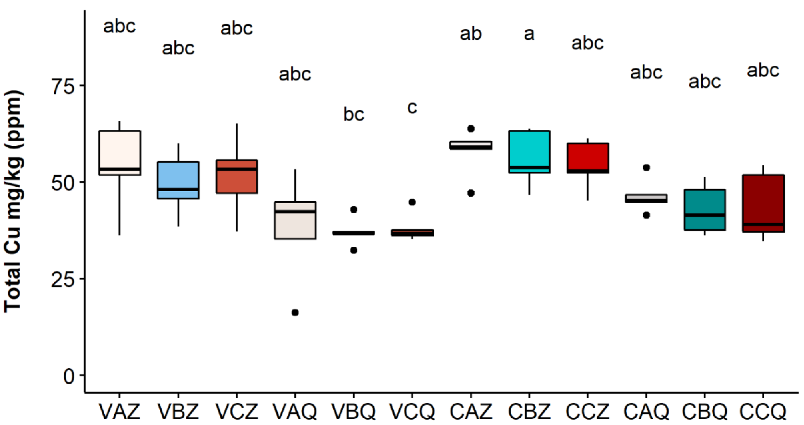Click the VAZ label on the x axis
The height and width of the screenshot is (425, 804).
tap(120, 411)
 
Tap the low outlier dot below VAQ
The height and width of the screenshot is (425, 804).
tap(295, 313)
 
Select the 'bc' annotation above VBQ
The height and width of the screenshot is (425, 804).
tap(354, 114)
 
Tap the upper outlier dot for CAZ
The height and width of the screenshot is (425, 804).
tap(471, 129)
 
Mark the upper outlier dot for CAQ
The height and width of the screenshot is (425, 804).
tap(646, 168)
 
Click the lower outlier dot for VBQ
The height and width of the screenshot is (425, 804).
tap(354, 250)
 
